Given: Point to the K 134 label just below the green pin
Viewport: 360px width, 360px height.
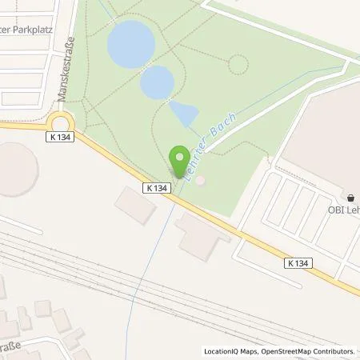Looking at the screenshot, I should pos(158,188).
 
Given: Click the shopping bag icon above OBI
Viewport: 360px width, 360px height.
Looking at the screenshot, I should pos(351,197).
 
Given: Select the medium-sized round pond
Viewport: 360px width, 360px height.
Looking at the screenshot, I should pos(158,82).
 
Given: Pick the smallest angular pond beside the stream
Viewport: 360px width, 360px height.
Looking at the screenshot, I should pos(184,114).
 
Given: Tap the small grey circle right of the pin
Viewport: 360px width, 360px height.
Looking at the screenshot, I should pos(200,180).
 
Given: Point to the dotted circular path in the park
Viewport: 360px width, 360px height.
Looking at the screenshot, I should pos(238,64).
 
